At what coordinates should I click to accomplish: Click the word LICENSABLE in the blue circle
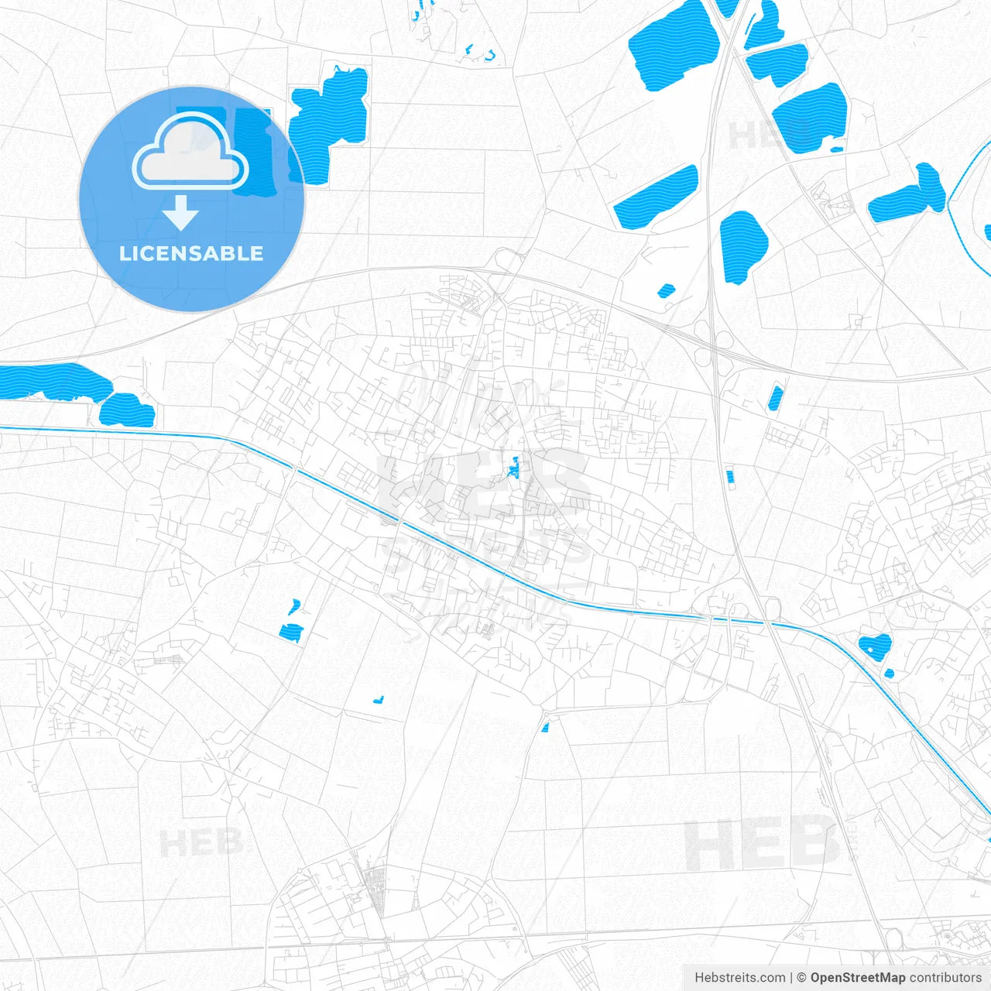pyautogui.click(x=191, y=253)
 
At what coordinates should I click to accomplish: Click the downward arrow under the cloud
pyautogui.click(x=181, y=212)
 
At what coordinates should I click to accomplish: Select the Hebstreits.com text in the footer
pyautogui.click(x=739, y=978)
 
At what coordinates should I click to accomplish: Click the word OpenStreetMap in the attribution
pyautogui.click(x=858, y=978)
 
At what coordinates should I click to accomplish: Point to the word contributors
pyautogui.click(x=945, y=978)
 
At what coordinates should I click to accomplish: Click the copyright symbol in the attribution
pyautogui.click(x=802, y=978)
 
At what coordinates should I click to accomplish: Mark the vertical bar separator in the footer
pyautogui.click(x=791, y=978)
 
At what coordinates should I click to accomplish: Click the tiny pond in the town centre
pyautogui.click(x=513, y=468)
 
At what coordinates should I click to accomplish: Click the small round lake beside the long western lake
pyautogui.click(x=127, y=410)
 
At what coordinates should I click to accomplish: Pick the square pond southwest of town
pyautogui.click(x=290, y=633)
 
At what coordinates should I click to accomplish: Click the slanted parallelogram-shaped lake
pyautogui.click(x=657, y=197)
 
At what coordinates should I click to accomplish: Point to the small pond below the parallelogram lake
pyautogui.click(x=666, y=291)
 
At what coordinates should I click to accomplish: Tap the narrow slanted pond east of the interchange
pyautogui.click(x=775, y=398)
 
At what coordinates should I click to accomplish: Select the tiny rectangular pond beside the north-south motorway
pyautogui.click(x=729, y=475)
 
